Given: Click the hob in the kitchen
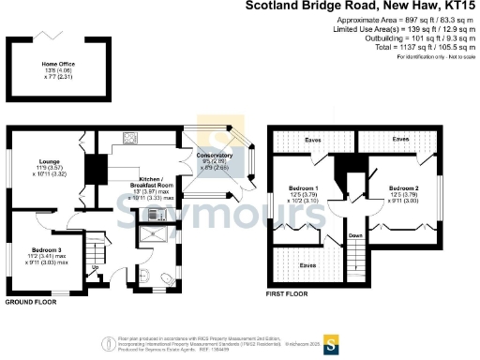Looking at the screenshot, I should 129,142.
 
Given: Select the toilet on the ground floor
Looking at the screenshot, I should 166,278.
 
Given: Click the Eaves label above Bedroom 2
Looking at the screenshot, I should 400,139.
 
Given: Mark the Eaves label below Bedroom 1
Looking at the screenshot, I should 307,265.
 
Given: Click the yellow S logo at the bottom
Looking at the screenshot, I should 329,341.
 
